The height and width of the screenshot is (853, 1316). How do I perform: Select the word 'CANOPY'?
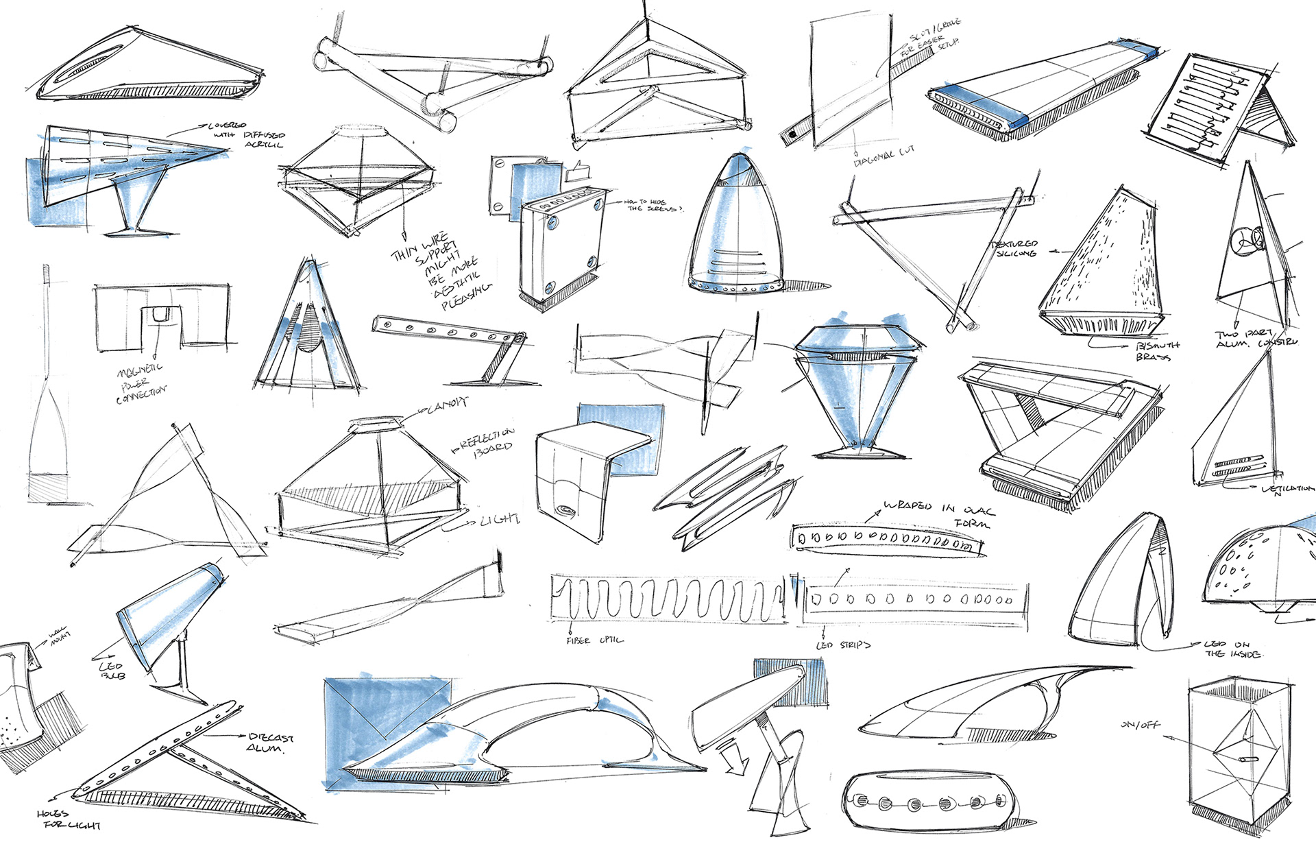click(x=446, y=407)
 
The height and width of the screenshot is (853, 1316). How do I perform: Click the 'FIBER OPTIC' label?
click(x=595, y=640)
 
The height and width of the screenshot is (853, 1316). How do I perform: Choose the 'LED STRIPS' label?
click(x=843, y=645)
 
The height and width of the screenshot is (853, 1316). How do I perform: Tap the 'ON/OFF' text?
click(x=1140, y=725)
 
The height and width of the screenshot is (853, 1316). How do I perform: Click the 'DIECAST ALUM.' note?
click(x=270, y=742)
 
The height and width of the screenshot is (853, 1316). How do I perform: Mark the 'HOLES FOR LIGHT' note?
click(x=69, y=819)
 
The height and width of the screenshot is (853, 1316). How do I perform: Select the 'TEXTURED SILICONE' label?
click(x=1014, y=249)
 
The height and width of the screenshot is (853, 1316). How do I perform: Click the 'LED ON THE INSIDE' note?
click(x=1234, y=649)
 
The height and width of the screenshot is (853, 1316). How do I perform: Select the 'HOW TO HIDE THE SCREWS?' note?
click(x=653, y=205)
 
